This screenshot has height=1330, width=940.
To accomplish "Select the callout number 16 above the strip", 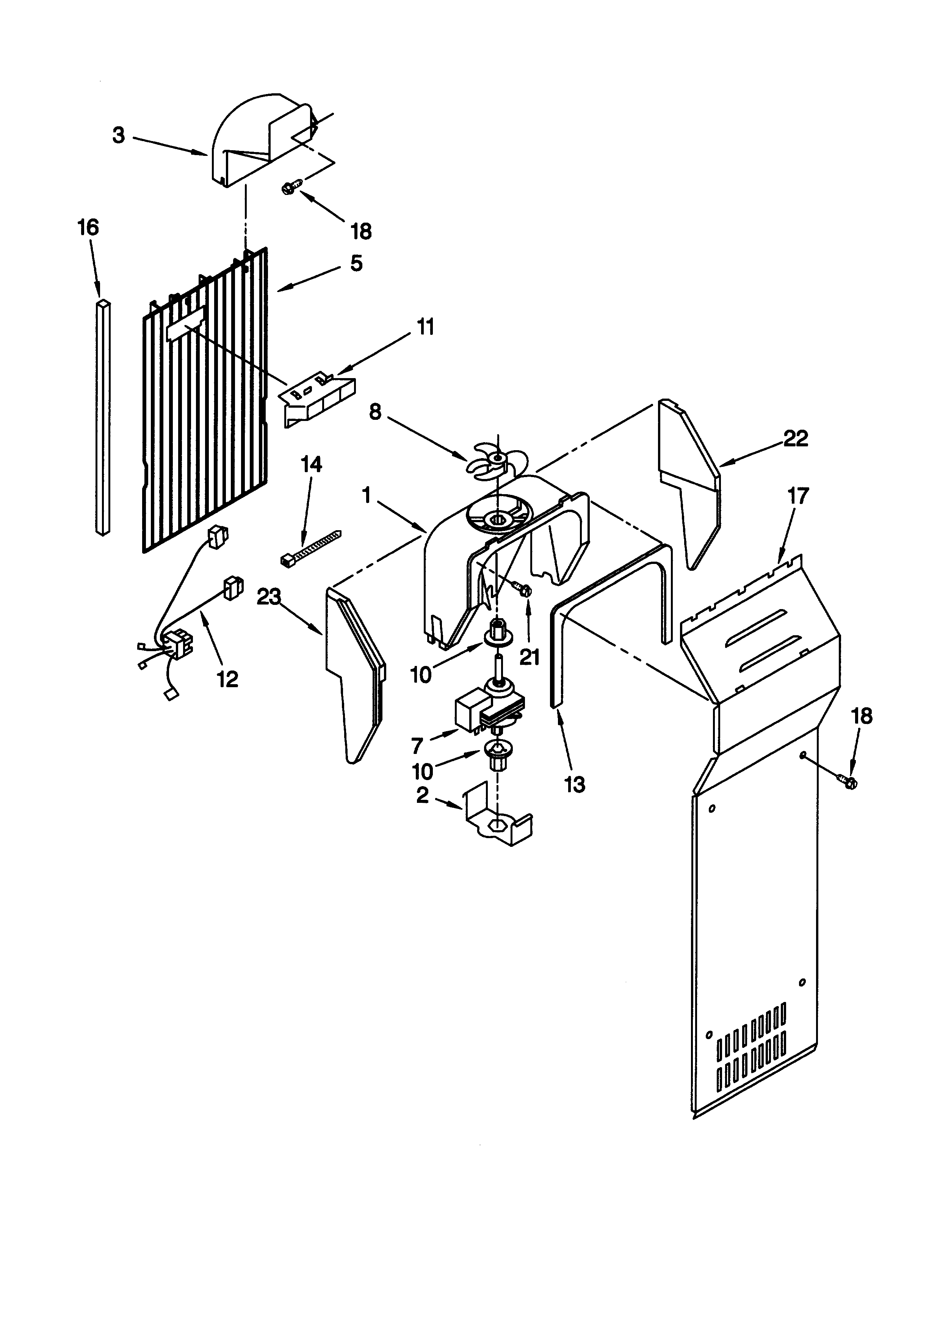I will (x=89, y=228).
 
